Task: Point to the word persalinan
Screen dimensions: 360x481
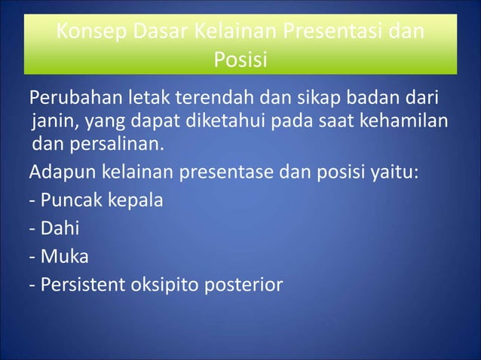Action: coord(112,143)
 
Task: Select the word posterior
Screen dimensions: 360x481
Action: coord(250,285)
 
